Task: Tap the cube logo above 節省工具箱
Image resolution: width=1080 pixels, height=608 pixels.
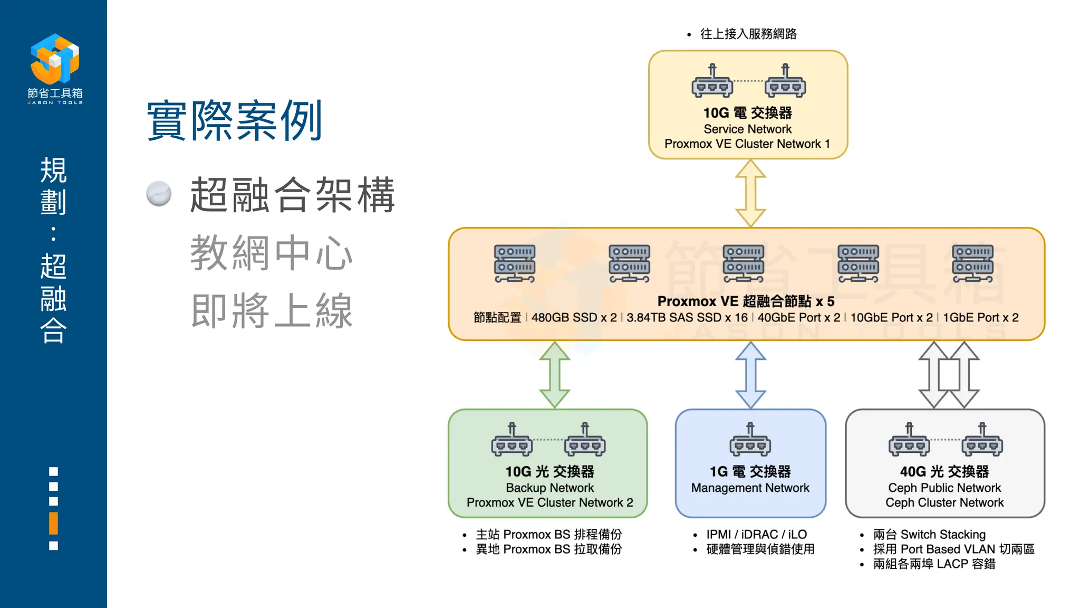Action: pyautogui.click(x=55, y=59)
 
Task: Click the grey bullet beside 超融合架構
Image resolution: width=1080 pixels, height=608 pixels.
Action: pyautogui.click(x=159, y=194)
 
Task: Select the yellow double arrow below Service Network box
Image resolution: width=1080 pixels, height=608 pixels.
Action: pyautogui.click(x=750, y=193)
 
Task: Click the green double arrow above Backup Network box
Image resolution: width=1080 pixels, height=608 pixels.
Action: pyautogui.click(x=554, y=375)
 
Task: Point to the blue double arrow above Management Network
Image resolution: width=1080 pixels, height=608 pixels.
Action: pyautogui.click(x=750, y=375)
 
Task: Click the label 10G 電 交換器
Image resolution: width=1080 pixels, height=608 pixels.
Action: pyautogui.click(x=747, y=113)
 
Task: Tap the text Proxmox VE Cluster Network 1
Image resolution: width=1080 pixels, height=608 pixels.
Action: pyautogui.click(x=747, y=144)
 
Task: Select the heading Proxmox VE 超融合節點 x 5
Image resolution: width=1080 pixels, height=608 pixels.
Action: pyautogui.click(x=746, y=301)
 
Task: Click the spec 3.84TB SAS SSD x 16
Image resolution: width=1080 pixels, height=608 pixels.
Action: pyautogui.click(x=687, y=318)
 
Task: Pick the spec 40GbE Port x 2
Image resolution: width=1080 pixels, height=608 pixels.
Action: pyautogui.click(x=799, y=318)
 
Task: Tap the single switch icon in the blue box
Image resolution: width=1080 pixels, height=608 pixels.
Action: pyautogui.click(x=750, y=440)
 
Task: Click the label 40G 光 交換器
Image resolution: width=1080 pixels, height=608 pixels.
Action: pyautogui.click(x=944, y=471)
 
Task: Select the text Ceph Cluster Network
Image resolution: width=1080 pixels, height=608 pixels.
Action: pyautogui.click(x=944, y=502)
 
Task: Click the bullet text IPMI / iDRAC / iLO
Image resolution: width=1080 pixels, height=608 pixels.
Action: pyautogui.click(x=756, y=534)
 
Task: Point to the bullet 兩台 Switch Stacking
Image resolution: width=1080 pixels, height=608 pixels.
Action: pyautogui.click(x=929, y=534)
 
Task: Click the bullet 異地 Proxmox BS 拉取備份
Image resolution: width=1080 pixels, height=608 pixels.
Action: pyautogui.click(x=548, y=549)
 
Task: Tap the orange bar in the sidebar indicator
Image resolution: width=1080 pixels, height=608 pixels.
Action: pyautogui.click(x=53, y=523)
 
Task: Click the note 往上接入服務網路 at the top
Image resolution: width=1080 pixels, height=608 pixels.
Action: pyautogui.click(x=748, y=34)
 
